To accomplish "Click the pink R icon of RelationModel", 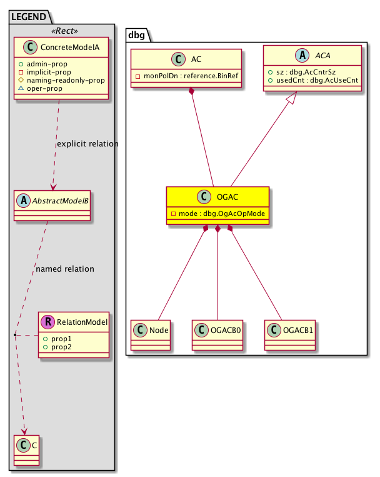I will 47,322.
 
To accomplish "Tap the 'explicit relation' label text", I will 87,144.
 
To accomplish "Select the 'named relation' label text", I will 65,269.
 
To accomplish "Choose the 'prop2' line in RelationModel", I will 62,346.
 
